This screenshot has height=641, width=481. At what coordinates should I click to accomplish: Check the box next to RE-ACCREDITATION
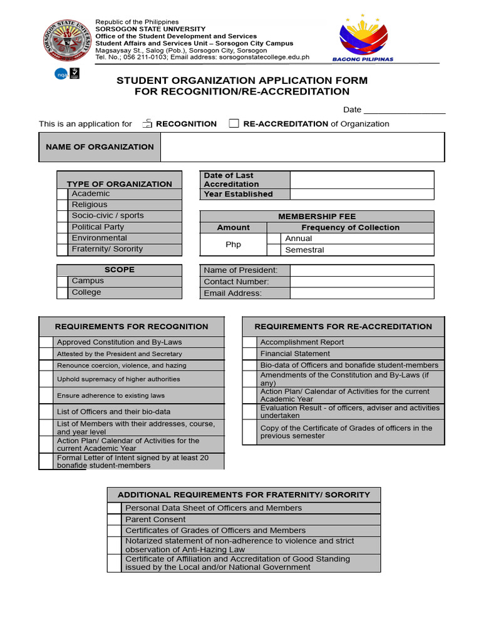pyautogui.click(x=234, y=123)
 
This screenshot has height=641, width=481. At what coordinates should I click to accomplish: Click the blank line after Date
pyautogui.click(x=405, y=110)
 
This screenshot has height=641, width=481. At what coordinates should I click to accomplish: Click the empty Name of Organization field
pyautogui.click(x=303, y=147)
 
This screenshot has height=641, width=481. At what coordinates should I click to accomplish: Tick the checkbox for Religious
pyautogui.click(x=62, y=205)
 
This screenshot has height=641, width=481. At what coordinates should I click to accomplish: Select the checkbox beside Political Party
pyautogui.click(x=62, y=227)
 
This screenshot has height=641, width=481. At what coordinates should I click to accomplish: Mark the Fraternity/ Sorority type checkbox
pyautogui.click(x=62, y=249)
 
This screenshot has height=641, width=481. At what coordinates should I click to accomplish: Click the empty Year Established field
pyautogui.click(x=361, y=194)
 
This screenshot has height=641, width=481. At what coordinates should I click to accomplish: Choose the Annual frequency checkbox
pyautogui.click(x=274, y=238)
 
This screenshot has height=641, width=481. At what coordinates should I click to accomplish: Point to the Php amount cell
pyautogui.click(x=233, y=244)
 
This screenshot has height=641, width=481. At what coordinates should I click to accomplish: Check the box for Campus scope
pyautogui.click(x=62, y=281)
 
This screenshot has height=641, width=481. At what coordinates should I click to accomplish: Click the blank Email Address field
pyautogui.click(x=361, y=293)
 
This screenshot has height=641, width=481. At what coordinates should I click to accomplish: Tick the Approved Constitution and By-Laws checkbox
pyautogui.click(x=46, y=342)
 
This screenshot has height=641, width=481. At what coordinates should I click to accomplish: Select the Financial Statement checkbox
pyautogui.click(x=250, y=354)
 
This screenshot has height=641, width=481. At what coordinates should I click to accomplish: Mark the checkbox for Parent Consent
pyautogui.click(x=114, y=520)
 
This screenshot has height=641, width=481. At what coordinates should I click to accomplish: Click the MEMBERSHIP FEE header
pyautogui.click(x=316, y=216)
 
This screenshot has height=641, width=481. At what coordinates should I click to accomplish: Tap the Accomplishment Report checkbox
pyautogui.click(x=250, y=342)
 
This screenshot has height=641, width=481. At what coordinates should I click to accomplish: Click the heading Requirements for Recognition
pyautogui.click(x=132, y=326)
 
